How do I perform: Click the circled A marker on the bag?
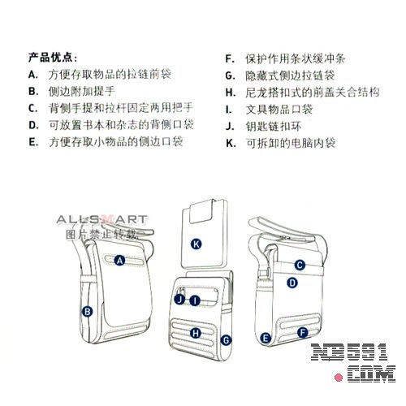point(119,261)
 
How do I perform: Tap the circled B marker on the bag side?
point(87,312)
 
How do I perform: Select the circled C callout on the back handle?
point(300,265)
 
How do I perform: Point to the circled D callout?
point(292,283)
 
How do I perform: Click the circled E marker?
point(266,338)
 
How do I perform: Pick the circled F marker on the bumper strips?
point(303,332)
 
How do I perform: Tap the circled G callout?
point(226,340)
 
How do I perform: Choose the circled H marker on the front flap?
point(195,333)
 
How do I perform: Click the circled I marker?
point(195,300)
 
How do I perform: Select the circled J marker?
point(179,300)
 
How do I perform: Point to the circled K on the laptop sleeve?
point(197,244)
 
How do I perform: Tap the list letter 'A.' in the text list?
point(33,75)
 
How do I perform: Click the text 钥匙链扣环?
point(274,126)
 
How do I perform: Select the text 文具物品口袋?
point(279,110)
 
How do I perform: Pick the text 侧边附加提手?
point(82,91)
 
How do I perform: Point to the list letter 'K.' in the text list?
point(231,143)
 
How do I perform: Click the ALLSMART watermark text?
point(102,220)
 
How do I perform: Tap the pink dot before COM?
point(339,377)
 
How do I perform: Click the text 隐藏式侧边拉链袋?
point(290,76)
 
